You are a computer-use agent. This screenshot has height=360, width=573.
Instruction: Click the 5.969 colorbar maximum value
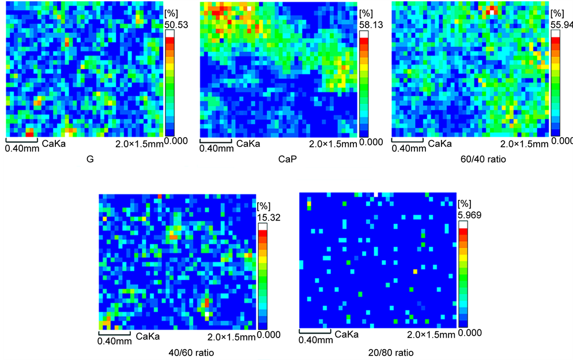click(469, 214)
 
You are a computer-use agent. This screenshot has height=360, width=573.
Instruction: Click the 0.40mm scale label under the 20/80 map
click(316, 340)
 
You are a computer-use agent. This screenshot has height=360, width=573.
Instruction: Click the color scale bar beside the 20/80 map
click(464, 274)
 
